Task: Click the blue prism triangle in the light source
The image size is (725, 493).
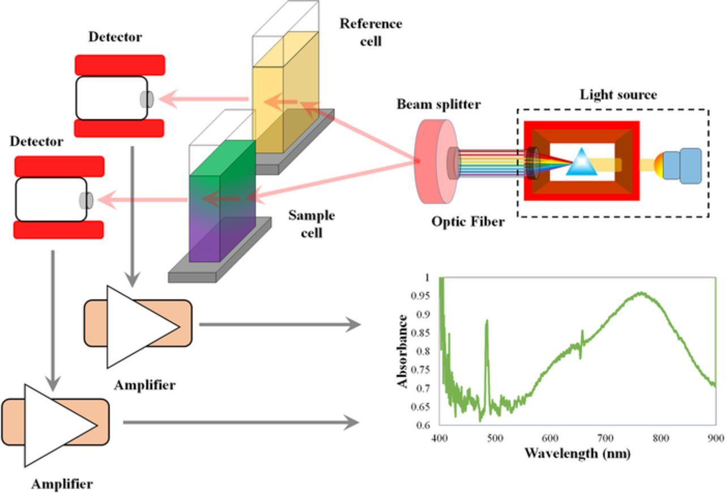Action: (x=581, y=163)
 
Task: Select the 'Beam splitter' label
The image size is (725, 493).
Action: (x=438, y=104)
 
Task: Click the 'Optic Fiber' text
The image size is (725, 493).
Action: (x=468, y=222)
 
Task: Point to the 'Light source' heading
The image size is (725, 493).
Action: (x=618, y=95)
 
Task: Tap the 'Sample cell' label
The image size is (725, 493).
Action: (x=312, y=223)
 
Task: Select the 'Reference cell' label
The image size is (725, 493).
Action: (x=371, y=32)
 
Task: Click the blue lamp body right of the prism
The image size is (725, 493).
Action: (x=683, y=165)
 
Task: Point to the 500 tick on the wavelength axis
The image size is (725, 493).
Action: (x=495, y=438)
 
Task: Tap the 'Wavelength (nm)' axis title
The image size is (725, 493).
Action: (x=577, y=453)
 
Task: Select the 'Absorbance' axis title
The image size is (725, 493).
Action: (x=403, y=351)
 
